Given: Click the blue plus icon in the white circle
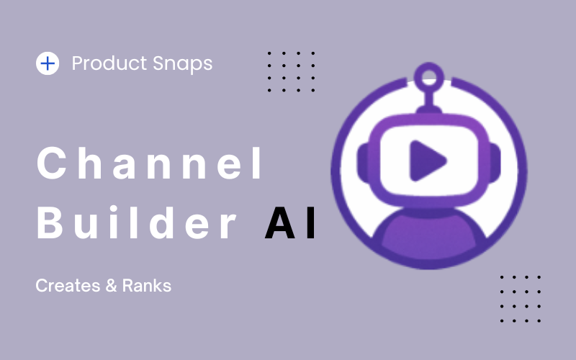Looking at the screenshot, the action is coord(48,63).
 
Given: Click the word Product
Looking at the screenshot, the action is coord(109,63).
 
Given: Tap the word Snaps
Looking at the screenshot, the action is coord(183,64).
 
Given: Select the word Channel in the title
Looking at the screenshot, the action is coord(150,163).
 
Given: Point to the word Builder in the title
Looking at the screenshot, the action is coord(137,222).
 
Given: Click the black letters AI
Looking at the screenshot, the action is coord(290,223).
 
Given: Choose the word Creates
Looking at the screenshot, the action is coord(68,285).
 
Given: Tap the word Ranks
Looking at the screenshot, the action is coord(147,285).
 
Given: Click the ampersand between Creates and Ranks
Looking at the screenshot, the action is coord(111,286).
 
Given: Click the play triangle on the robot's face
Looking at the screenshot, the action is coord(426,161).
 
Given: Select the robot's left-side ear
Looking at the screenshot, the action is coord(363,163).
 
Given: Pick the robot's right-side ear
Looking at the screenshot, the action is coord(495,163).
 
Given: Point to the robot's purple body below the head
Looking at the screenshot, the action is coord(428,235).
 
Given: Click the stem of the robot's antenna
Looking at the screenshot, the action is coord(428,99).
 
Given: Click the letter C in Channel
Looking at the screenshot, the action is coord(51,163).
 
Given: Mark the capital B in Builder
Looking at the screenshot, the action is coord(50,222).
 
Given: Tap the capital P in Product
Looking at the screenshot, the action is coord(78,63).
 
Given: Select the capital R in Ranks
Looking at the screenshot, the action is coord(127,285).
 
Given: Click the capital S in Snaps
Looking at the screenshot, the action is coord(158,63).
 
